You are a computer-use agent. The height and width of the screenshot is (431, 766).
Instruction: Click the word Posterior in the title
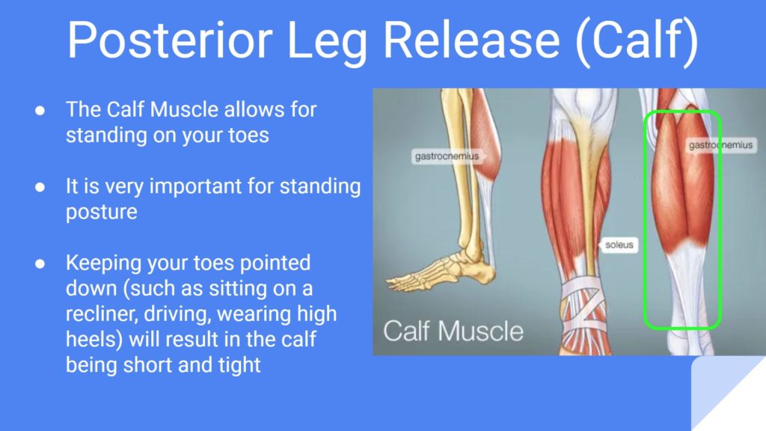(x=170, y=40)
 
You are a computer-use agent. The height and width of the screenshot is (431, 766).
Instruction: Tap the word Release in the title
(x=471, y=40)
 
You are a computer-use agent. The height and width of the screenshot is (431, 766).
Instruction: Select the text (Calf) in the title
(x=637, y=42)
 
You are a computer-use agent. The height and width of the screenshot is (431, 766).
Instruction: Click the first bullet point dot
(x=40, y=111)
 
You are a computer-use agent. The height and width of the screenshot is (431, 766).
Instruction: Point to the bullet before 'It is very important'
(x=40, y=187)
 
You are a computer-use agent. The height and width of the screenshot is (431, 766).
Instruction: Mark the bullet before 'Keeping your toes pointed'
(x=40, y=264)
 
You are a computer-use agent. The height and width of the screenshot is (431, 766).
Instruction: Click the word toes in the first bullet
(x=248, y=135)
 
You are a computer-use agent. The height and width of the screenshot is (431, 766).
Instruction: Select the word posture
(x=102, y=213)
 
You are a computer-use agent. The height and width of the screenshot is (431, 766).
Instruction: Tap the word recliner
(x=102, y=314)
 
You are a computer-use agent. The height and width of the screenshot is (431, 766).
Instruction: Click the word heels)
(x=94, y=340)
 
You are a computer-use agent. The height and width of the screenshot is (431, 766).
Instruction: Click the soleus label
(x=619, y=245)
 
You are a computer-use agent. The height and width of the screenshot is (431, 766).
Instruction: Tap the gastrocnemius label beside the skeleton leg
(x=447, y=156)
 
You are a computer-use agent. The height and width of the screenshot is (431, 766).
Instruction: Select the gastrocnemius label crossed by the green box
(x=720, y=145)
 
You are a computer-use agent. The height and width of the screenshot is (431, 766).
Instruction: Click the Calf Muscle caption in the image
(x=453, y=331)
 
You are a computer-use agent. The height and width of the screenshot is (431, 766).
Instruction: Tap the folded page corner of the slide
(x=729, y=394)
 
